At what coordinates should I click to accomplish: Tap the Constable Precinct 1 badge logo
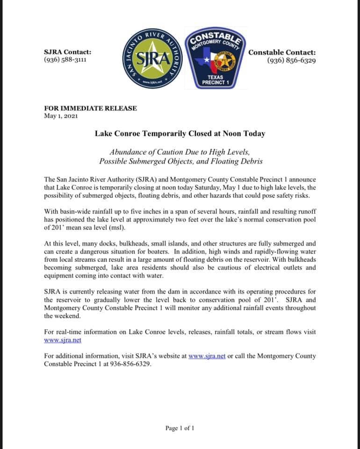[216, 58]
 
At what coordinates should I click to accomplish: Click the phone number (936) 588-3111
[65, 60]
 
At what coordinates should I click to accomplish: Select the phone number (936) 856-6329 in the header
[291, 60]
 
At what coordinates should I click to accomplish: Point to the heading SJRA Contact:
[67, 52]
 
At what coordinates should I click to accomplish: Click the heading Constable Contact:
[282, 52]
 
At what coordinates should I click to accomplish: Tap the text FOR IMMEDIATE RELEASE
[90, 108]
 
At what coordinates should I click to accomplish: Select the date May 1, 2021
[61, 116]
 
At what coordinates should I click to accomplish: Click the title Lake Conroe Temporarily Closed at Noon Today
[180, 133]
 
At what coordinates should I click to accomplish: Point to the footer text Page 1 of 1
[180, 428]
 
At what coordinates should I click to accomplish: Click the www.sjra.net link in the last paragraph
[207, 356]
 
